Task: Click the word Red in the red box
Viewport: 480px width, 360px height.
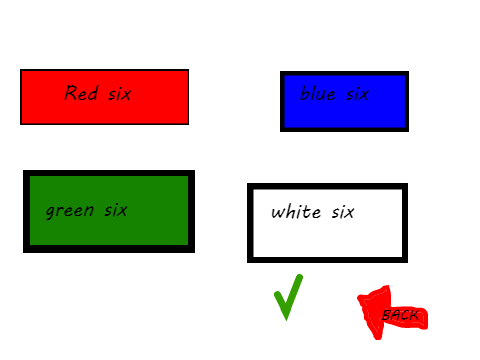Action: [x=81, y=93]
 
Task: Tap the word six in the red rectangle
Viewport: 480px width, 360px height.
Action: [x=120, y=94]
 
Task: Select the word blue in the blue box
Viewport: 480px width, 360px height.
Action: [x=317, y=93]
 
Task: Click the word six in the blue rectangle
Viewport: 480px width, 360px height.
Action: [x=357, y=94]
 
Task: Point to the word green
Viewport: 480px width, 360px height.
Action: [x=70, y=211]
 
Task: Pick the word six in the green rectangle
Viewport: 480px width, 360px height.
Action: [x=116, y=210]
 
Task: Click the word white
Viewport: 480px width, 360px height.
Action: [x=296, y=212]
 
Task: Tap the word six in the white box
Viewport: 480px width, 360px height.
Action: [x=343, y=212]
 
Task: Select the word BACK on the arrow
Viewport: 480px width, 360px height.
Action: [x=400, y=315]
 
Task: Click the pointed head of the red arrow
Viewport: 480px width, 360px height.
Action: [x=359, y=297]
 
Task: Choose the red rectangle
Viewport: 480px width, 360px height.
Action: [x=104, y=97]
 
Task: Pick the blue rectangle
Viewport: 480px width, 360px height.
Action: [x=344, y=101]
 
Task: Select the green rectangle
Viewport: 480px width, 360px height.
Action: [x=109, y=211]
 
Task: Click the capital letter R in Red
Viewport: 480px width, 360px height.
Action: [x=71, y=93]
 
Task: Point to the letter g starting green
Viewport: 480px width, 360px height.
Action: [x=50, y=212]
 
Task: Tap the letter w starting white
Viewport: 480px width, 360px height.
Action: [x=278, y=213]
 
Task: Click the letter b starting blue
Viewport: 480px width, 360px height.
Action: [x=304, y=93]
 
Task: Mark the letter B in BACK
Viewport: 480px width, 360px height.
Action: [x=387, y=315]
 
